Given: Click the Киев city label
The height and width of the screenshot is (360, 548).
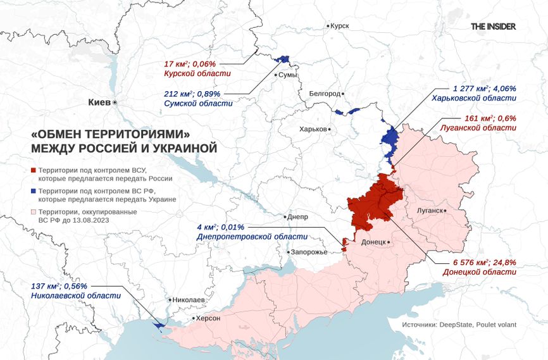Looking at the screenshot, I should [x=99, y=102].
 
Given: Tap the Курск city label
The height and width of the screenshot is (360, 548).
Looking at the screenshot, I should [x=340, y=25].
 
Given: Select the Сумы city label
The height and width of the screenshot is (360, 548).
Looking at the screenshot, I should [x=288, y=75].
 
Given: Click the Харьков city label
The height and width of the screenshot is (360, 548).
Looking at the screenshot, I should [x=313, y=128].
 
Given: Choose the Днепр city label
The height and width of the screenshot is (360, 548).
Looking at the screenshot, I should [x=297, y=216].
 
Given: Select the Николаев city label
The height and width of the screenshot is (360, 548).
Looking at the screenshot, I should [x=187, y=299].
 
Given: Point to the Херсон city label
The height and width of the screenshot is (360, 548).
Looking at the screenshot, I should [x=208, y=318].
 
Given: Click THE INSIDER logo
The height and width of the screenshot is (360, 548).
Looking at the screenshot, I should [x=493, y=27].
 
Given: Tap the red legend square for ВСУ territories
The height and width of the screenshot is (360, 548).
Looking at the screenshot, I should [x=34, y=171].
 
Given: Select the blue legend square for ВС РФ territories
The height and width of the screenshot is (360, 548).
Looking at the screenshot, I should [x=34, y=190].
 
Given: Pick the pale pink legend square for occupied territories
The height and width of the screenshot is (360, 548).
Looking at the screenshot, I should [x=34, y=211].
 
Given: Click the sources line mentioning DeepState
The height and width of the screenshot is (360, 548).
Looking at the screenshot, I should [x=459, y=325].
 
